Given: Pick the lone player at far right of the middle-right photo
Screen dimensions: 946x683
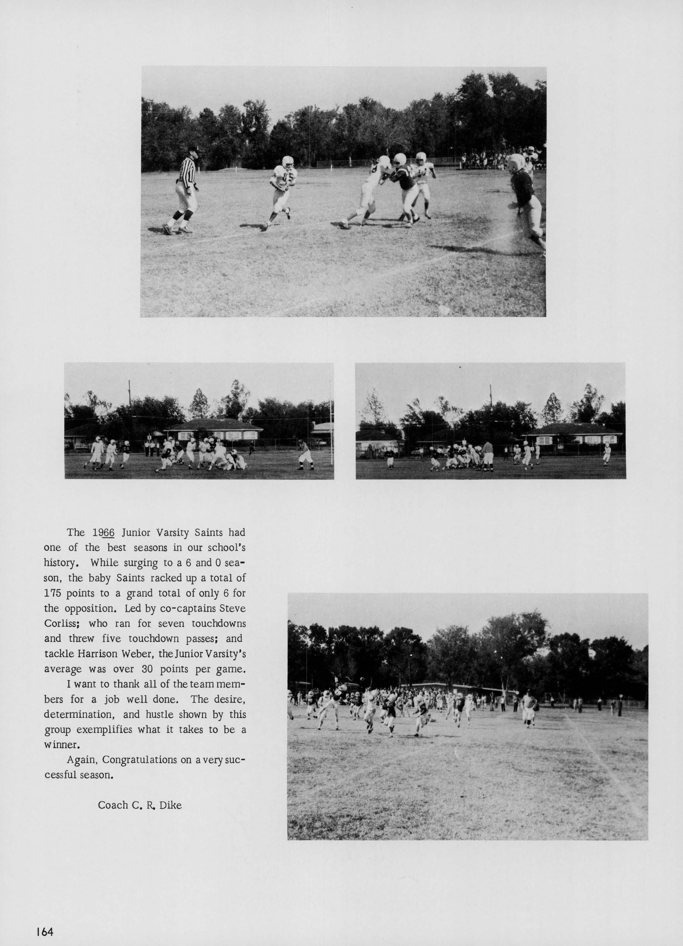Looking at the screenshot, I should (x=607, y=454).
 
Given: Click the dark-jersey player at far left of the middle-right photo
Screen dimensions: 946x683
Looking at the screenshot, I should (x=390, y=458).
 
